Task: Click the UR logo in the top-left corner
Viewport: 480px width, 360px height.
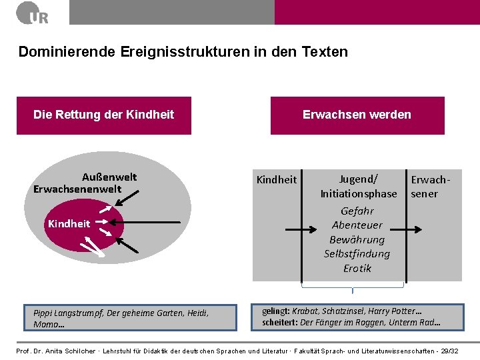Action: pos(33,13)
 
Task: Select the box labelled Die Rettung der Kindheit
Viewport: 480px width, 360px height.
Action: pos(103,115)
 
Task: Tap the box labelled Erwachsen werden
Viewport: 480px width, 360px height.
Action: pos(357,115)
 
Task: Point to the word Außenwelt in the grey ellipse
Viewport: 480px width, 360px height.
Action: pos(109,177)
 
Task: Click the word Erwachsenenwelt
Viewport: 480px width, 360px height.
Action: pos(77,189)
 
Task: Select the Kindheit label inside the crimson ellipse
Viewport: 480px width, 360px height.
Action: pos(69,224)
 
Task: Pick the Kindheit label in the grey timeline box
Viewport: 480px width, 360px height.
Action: pos(277,179)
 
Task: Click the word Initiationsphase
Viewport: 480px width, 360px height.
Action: pos(358,194)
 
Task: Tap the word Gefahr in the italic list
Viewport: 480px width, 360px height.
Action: pos(357,211)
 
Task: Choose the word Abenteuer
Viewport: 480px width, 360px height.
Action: pos(357,225)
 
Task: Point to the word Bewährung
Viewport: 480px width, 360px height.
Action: pos(357,239)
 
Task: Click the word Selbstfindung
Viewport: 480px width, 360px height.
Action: pos(357,254)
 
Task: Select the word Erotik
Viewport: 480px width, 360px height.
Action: pos(357,269)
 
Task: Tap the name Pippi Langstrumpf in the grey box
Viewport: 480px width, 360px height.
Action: pos(65,312)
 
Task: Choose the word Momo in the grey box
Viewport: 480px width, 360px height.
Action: pos(46,324)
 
